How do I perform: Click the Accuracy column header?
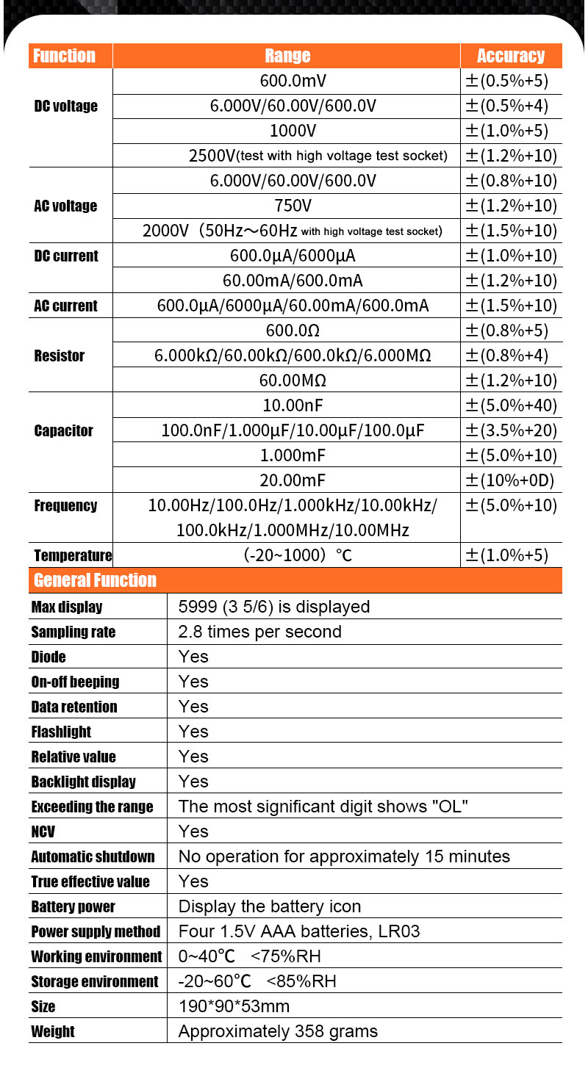511,56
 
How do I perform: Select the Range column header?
287,56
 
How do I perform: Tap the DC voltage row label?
65,107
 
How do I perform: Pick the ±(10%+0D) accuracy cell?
510,480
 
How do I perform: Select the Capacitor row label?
63,430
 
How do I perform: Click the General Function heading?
96,580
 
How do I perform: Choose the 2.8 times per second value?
259,632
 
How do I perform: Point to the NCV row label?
43,831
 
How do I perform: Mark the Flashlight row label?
61,732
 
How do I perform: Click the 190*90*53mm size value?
234,1006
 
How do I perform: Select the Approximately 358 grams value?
278,1031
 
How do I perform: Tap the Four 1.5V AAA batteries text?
299,931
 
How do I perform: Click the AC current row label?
65,306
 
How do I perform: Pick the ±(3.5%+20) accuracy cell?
511,430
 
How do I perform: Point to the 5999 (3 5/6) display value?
273,607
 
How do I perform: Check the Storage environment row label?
94,981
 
